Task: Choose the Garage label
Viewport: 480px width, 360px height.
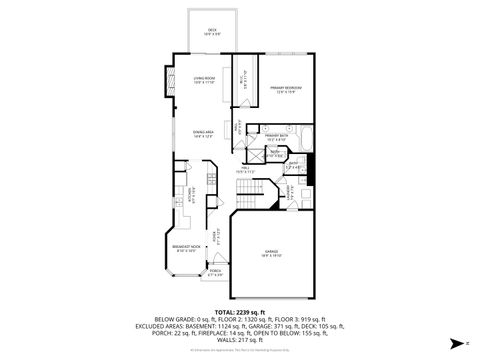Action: coord(271,252)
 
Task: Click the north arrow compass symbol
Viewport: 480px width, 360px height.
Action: coord(455,343)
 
